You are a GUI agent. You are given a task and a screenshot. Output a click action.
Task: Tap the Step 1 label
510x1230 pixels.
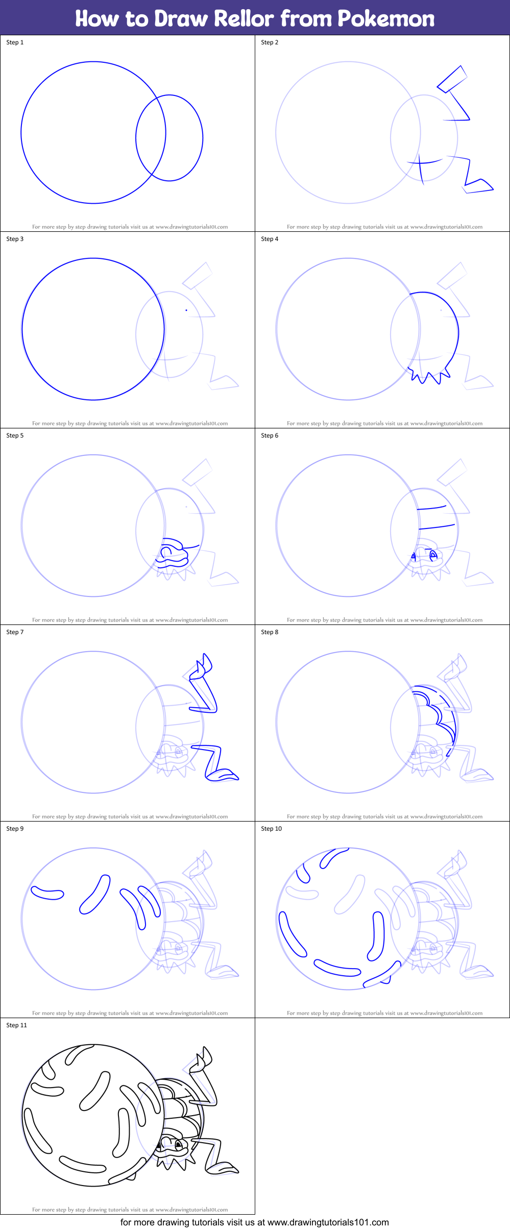click(15, 42)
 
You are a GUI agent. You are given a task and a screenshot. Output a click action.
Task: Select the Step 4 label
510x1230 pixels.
click(270, 239)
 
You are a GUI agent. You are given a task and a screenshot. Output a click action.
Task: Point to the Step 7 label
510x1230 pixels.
click(15, 632)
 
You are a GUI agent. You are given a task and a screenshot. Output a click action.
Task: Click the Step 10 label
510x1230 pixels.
click(271, 829)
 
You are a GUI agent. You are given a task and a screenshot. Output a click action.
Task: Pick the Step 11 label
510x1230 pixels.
click(16, 1025)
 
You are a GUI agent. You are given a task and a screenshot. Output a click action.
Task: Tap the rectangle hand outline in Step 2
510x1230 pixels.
click(452, 79)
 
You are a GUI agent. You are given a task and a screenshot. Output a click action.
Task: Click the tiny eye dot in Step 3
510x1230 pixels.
click(186, 310)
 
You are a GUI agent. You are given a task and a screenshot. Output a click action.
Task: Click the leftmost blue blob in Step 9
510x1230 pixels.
click(47, 894)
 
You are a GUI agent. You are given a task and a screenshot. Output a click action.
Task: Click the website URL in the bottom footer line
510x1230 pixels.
click(328, 1222)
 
